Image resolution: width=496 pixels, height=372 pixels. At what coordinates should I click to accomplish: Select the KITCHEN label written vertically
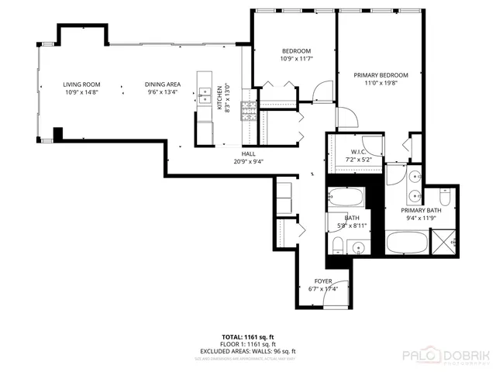(x=219, y=98)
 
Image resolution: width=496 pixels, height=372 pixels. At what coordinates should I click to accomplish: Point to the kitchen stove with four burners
(x=250, y=113)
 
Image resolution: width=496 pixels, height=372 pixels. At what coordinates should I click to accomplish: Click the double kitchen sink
(x=205, y=95)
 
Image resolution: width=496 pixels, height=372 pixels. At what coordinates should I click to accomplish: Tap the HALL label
(x=249, y=153)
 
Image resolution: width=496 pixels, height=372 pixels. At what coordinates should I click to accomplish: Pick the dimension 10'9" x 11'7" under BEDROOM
(x=294, y=58)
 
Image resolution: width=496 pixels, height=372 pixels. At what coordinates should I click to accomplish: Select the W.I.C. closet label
(x=358, y=152)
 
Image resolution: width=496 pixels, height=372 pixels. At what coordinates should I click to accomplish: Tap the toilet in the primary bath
(x=447, y=196)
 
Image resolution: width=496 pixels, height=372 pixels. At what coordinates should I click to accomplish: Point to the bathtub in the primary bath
(x=405, y=243)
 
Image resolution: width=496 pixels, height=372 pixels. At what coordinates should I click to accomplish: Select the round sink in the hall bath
(x=358, y=249)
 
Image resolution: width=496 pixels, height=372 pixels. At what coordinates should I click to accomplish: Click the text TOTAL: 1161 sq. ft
(x=246, y=337)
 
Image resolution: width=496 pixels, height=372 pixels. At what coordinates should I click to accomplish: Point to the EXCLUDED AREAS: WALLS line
(x=246, y=351)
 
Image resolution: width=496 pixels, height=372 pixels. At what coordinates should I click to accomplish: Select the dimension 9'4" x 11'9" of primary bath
(x=422, y=218)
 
